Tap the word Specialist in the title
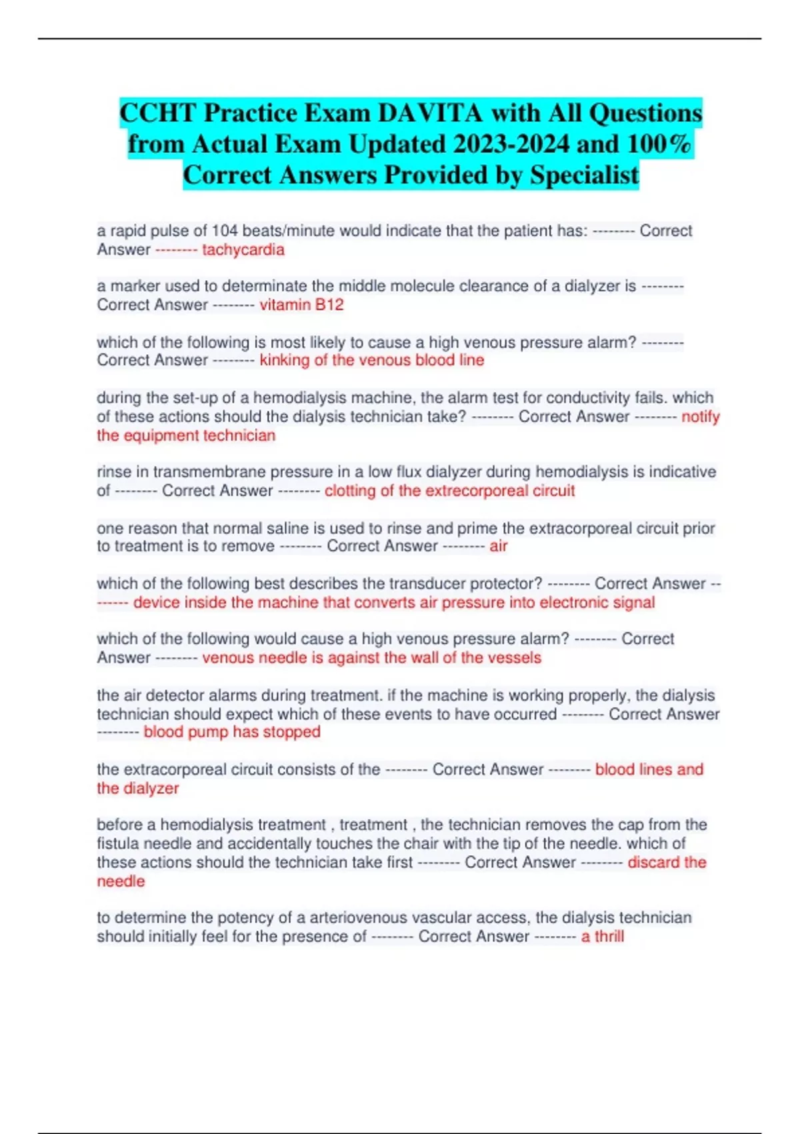coord(584,175)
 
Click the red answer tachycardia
coord(243,250)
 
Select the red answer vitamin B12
coord(301,305)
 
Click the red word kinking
coord(285,360)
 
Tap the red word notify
coord(700,417)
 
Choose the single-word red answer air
coord(499,546)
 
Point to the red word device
coord(156,602)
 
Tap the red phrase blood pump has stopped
coord(232,732)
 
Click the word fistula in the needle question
coord(122,844)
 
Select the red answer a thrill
coord(602,937)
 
